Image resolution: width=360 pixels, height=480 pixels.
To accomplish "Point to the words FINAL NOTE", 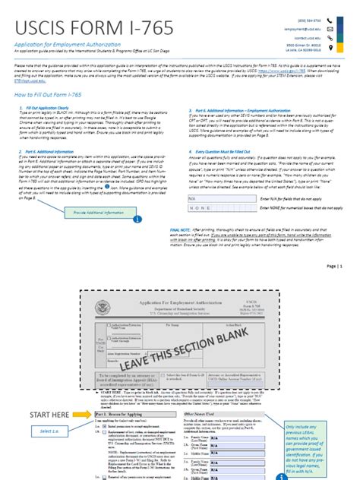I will (x=180, y=229).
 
